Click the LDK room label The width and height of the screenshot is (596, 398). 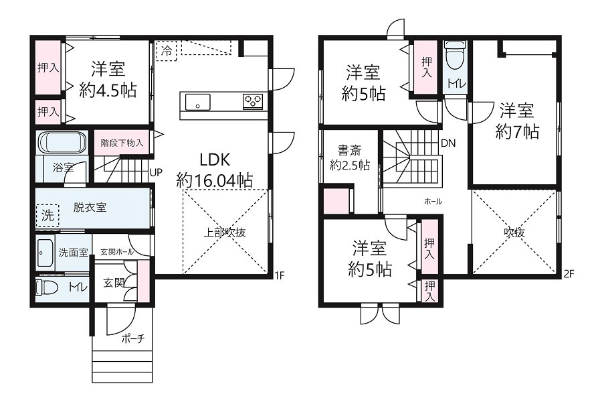215,160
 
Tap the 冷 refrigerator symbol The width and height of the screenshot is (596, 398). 167,51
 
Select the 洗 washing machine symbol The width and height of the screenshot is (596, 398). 47,216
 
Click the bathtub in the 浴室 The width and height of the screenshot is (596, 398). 62,143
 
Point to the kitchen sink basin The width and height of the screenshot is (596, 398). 197,102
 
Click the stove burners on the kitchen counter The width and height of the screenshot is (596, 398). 253,101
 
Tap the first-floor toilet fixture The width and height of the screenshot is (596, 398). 46,287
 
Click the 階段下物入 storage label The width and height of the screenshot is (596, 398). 122,143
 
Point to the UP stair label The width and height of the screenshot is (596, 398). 156,172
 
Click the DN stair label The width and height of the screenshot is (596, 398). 448,143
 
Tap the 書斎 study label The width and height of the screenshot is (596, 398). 349,151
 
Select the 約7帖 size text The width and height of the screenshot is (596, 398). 517,132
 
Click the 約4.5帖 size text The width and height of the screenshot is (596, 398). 108,90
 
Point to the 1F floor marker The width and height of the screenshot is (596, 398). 280,275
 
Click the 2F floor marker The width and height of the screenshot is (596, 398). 569,274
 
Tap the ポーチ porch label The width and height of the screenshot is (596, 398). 133,338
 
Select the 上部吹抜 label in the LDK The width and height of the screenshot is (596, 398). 225,233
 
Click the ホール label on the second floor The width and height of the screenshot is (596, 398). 433,202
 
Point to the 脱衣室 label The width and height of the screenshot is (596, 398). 90,208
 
